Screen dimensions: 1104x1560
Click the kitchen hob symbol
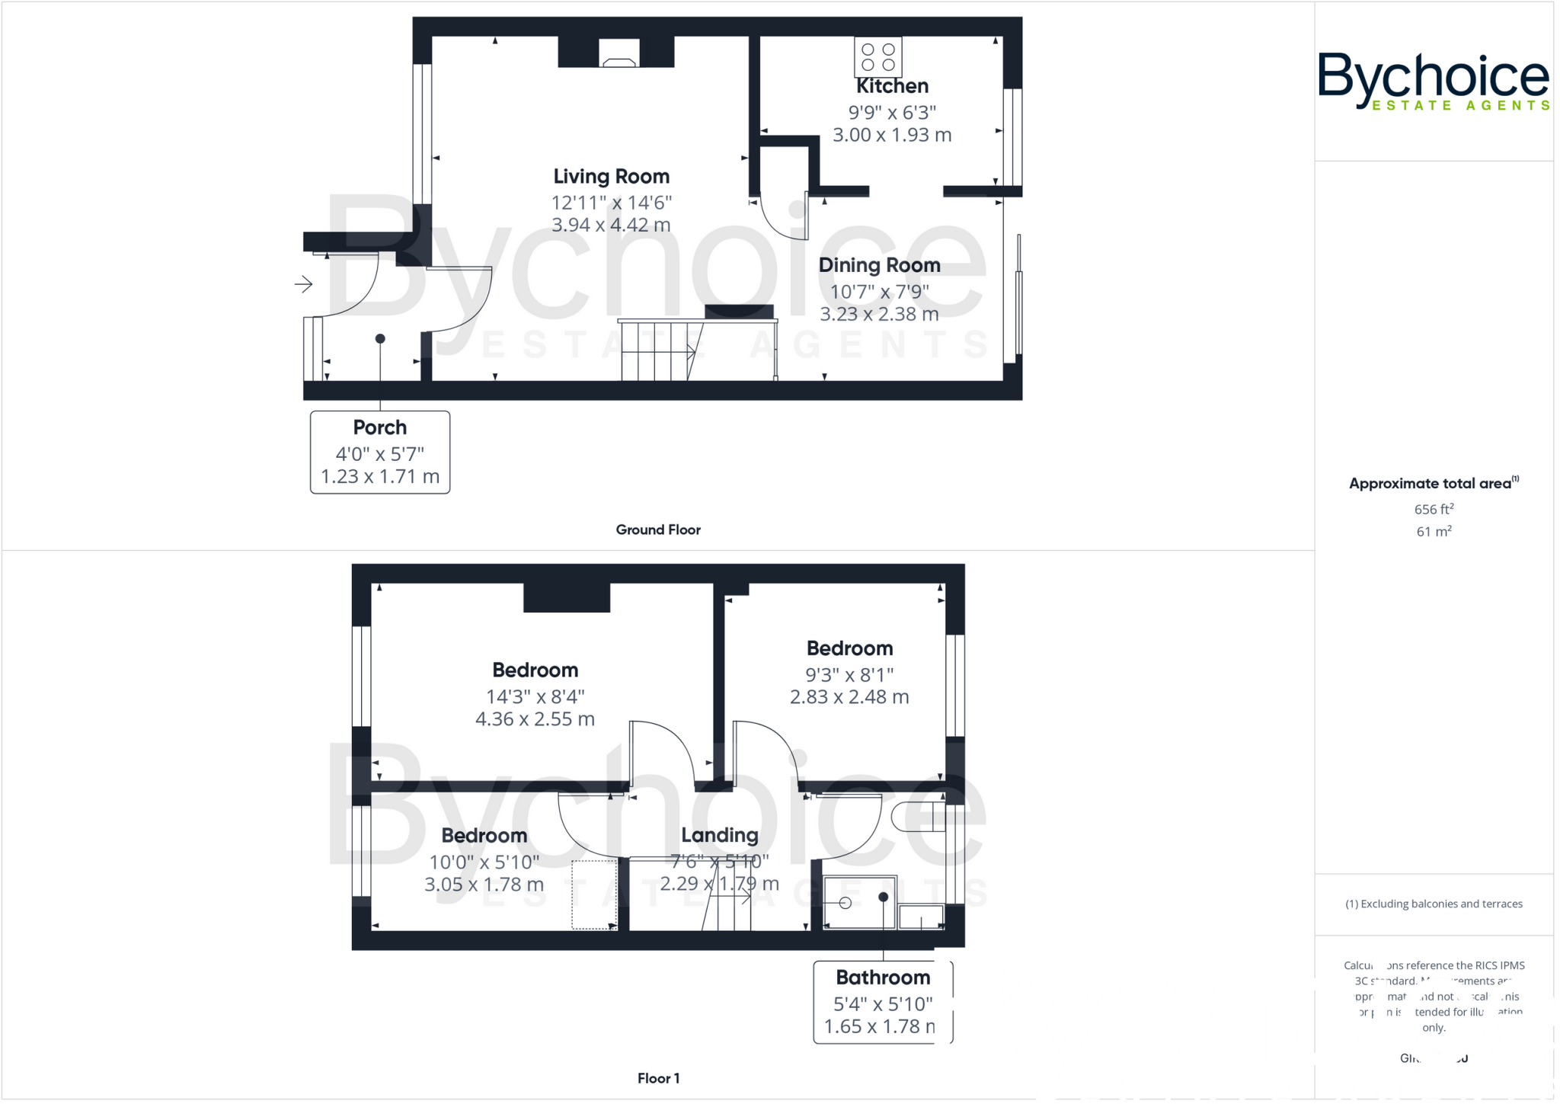(x=877, y=57)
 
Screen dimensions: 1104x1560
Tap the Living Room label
(x=611, y=177)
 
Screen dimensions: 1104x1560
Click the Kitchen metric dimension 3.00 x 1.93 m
(x=891, y=135)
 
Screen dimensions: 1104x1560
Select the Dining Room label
(x=879, y=265)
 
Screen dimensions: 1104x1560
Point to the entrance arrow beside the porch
(x=303, y=284)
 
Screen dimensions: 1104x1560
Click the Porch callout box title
(x=379, y=427)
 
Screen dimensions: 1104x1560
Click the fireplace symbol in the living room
(x=619, y=54)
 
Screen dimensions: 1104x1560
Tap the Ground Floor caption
(x=657, y=530)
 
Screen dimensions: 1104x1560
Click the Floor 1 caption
(x=657, y=1078)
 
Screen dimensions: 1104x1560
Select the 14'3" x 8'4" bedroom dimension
(x=535, y=696)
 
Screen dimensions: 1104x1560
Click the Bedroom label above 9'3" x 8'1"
(x=849, y=648)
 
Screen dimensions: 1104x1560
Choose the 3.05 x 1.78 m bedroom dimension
(x=484, y=885)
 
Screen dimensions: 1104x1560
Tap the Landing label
(x=719, y=835)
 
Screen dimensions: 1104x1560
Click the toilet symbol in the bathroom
(x=916, y=817)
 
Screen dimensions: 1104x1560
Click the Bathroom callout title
(x=883, y=978)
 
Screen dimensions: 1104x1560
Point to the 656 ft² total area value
(x=1434, y=509)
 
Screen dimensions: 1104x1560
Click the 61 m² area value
(x=1434, y=532)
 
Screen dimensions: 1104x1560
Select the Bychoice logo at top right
(x=1433, y=81)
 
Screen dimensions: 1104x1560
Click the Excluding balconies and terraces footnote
(x=1434, y=904)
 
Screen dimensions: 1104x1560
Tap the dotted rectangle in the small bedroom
(x=594, y=894)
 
